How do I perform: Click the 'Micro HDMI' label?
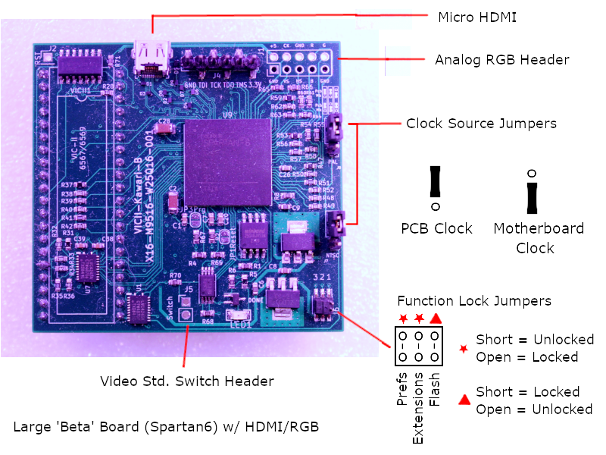[477, 17]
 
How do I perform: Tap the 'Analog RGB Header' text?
[501, 60]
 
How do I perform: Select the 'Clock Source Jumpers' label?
[481, 123]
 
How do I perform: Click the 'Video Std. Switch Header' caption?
[187, 381]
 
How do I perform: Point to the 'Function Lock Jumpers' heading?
[474, 301]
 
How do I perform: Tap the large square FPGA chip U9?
[227, 159]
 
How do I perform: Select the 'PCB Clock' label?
[436, 228]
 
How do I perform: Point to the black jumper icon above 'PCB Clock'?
[436, 183]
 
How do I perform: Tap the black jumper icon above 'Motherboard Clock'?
[533, 196]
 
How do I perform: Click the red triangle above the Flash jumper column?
[436, 318]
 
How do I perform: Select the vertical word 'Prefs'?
[402, 389]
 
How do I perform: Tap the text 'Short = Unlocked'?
[535, 340]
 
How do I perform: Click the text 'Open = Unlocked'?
[535, 409]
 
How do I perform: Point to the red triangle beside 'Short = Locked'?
[463, 399]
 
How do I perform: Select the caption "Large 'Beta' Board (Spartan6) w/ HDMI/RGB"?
[166, 427]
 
